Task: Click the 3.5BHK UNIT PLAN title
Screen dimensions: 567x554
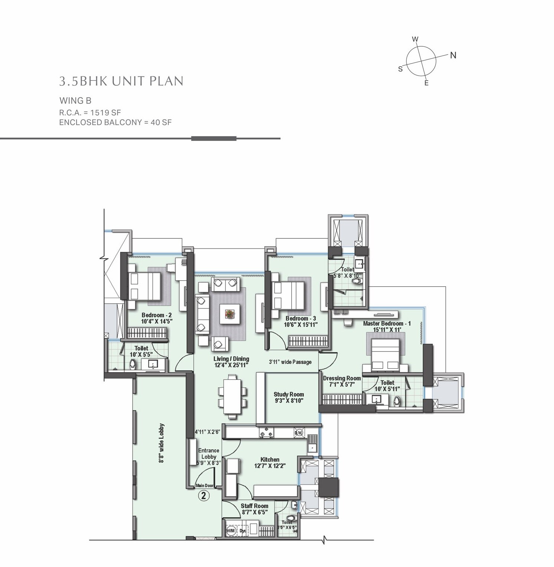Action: pyautogui.click(x=121, y=81)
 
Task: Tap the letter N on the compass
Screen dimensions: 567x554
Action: pyautogui.click(x=453, y=56)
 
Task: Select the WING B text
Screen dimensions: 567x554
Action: pyautogui.click(x=75, y=100)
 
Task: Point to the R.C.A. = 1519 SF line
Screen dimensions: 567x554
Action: pyautogui.click(x=90, y=112)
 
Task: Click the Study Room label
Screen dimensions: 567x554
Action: pyautogui.click(x=289, y=395)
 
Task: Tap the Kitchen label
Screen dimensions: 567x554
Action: pyautogui.click(x=270, y=459)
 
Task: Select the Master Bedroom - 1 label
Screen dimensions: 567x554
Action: pyautogui.click(x=387, y=323)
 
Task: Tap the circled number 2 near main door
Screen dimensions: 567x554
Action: pyautogui.click(x=203, y=495)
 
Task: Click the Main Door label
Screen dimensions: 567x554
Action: pyautogui.click(x=204, y=485)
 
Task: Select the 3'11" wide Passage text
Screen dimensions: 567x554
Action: pyautogui.click(x=290, y=362)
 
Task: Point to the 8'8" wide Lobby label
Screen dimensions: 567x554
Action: pyautogui.click(x=161, y=443)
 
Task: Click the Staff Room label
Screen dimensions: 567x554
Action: pyautogui.click(x=254, y=506)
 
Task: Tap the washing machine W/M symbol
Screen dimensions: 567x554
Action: pyautogui.click(x=231, y=531)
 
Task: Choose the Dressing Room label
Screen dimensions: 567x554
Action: pyautogui.click(x=342, y=378)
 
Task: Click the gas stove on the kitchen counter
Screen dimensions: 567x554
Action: pyautogui.click(x=266, y=432)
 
